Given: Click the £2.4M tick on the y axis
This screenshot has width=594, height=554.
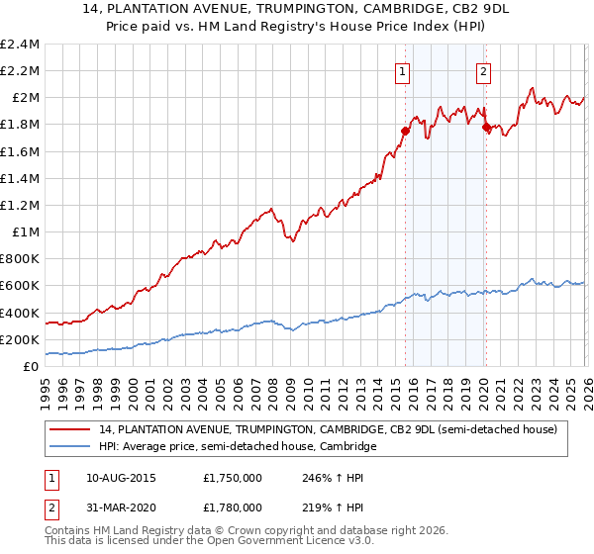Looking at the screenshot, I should click(x=20, y=45).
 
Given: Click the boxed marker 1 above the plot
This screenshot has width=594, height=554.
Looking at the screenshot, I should click(x=403, y=70).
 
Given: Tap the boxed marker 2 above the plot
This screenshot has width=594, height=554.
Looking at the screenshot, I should click(x=483, y=70).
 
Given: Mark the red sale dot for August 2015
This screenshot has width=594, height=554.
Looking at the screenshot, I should click(x=405, y=131).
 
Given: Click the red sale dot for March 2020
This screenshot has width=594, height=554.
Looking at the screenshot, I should click(x=486, y=127).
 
